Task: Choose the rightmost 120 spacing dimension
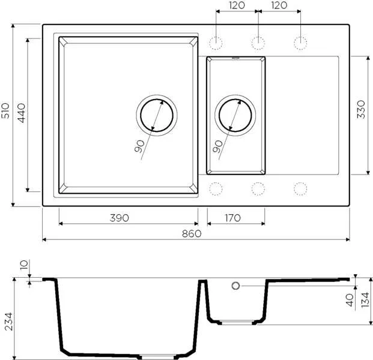coord(278,5)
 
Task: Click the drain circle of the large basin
coord(157,114)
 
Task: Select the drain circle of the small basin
coord(235,114)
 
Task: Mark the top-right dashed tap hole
coord(300,42)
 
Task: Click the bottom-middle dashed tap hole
coord(258,188)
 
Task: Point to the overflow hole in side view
coord(235,286)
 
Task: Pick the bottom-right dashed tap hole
coord(300,188)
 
